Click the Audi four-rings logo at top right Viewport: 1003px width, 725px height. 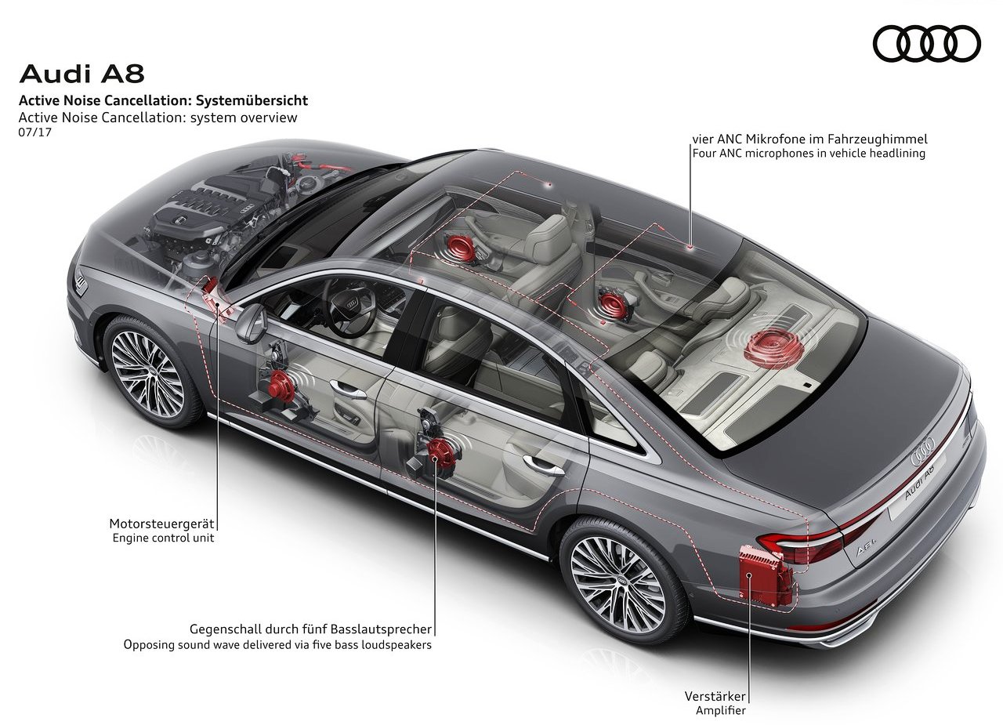click(927, 43)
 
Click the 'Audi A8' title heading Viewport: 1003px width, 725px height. click(82, 74)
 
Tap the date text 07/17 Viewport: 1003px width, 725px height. click(35, 132)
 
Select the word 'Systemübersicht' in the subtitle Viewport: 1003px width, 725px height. click(252, 100)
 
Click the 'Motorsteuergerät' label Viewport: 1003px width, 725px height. click(161, 524)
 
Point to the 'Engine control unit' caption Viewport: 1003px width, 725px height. click(164, 538)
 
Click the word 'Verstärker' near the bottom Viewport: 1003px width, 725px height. click(715, 696)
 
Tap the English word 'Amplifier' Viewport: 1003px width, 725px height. click(720, 710)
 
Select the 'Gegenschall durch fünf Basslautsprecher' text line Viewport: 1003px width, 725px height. click(311, 629)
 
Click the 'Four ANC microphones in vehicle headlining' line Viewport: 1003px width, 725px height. click(809, 153)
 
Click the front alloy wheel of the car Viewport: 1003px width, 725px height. click(149, 370)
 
